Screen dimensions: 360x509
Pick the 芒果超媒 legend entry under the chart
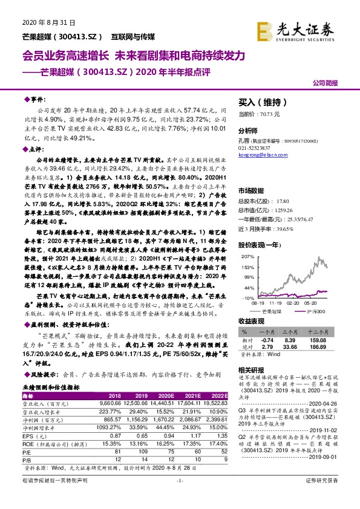click(x=275, y=310)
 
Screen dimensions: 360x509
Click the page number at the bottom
click(x=179, y=497)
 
